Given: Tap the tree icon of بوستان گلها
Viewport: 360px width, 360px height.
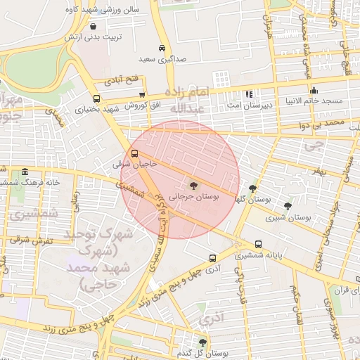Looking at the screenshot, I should [253, 188].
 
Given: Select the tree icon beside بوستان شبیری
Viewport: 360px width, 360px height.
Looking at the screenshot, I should [288, 206].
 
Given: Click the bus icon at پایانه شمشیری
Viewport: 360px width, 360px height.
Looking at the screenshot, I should [259, 245].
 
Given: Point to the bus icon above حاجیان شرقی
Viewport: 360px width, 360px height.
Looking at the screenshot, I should [134, 153].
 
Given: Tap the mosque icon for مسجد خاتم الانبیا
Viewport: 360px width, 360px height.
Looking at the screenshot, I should [314, 90].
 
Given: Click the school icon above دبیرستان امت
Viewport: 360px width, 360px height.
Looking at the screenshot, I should [248, 94].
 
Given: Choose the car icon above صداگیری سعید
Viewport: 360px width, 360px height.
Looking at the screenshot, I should [162, 48].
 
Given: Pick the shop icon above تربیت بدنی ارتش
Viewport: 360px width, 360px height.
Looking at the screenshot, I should [93, 26].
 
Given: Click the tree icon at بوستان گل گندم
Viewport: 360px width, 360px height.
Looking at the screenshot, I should [202, 342].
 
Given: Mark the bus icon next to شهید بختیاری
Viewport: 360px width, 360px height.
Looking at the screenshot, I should [96, 99].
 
